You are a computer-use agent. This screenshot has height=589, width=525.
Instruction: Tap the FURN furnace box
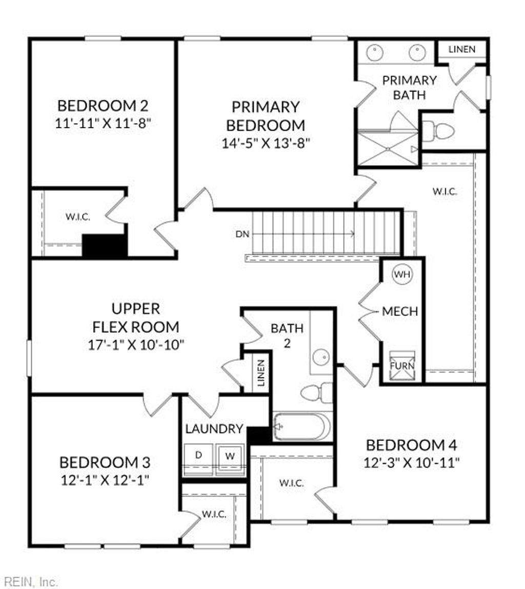click(x=402, y=366)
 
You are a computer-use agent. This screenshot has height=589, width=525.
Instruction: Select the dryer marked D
click(x=199, y=455)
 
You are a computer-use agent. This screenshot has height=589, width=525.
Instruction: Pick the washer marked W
click(x=230, y=456)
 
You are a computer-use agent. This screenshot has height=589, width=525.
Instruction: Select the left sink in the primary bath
click(x=376, y=52)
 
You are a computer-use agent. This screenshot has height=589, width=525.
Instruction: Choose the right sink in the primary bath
click(x=417, y=52)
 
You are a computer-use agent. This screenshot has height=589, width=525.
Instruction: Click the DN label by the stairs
click(x=242, y=234)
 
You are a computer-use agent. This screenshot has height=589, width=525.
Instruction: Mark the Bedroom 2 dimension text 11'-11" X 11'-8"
click(x=103, y=123)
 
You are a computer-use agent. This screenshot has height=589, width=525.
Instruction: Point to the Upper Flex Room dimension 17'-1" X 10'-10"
click(x=135, y=344)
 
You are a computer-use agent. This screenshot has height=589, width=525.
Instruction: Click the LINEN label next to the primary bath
click(x=461, y=50)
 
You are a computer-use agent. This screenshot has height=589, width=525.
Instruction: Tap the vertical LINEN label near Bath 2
click(x=261, y=372)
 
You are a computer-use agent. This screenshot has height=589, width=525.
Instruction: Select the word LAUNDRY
click(x=214, y=429)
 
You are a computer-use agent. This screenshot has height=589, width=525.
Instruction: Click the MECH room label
click(x=400, y=311)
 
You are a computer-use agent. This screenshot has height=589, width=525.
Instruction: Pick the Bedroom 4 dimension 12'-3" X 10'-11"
click(x=411, y=462)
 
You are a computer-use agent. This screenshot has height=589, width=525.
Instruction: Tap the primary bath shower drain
click(x=388, y=149)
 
